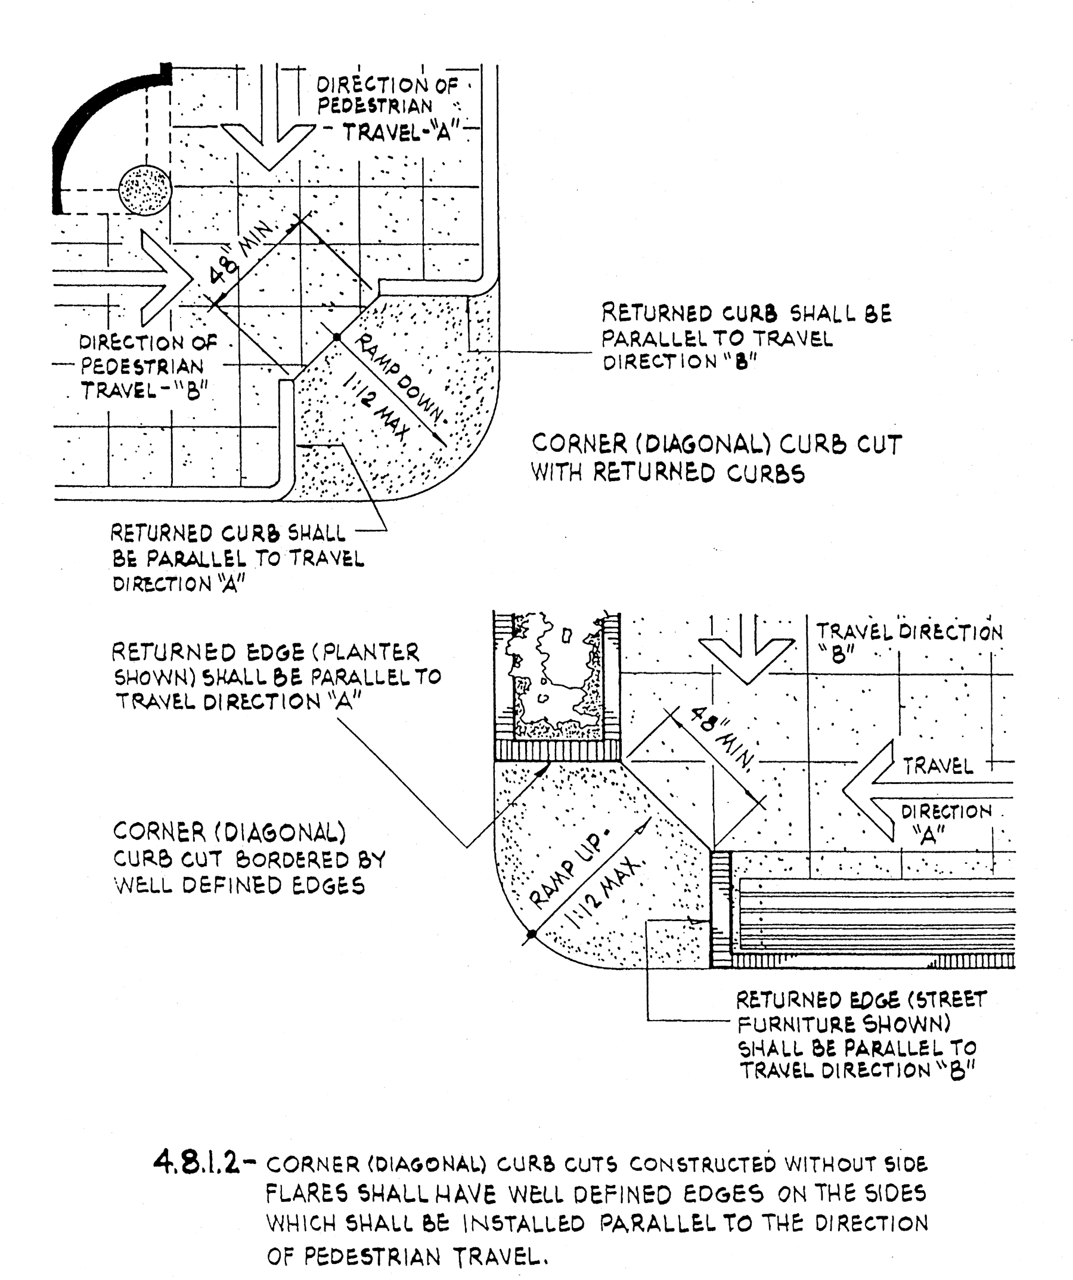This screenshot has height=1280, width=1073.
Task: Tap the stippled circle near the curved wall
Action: (145, 189)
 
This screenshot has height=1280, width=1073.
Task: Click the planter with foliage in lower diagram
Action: (556, 686)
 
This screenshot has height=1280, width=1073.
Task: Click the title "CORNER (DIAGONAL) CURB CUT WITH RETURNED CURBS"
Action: (717, 458)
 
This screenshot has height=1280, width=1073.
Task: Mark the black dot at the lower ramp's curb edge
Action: (532, 934)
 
